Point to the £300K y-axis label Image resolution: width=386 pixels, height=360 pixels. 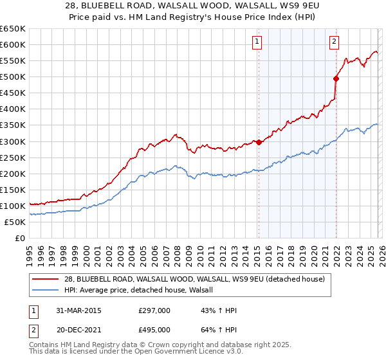click(x=13, y=141)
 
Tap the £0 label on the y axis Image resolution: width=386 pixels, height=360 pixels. click(x=20, y=238)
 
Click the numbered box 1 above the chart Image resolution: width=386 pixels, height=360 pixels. click(x=257, y=42)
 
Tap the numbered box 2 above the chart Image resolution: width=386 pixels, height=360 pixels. click(x=335, y=42)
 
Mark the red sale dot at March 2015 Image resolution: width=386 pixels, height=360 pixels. click(x=259, y=142)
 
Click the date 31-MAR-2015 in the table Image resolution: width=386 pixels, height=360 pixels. click(x=80, y=310)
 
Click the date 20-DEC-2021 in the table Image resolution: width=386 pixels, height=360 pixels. click(x=80, y=329)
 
